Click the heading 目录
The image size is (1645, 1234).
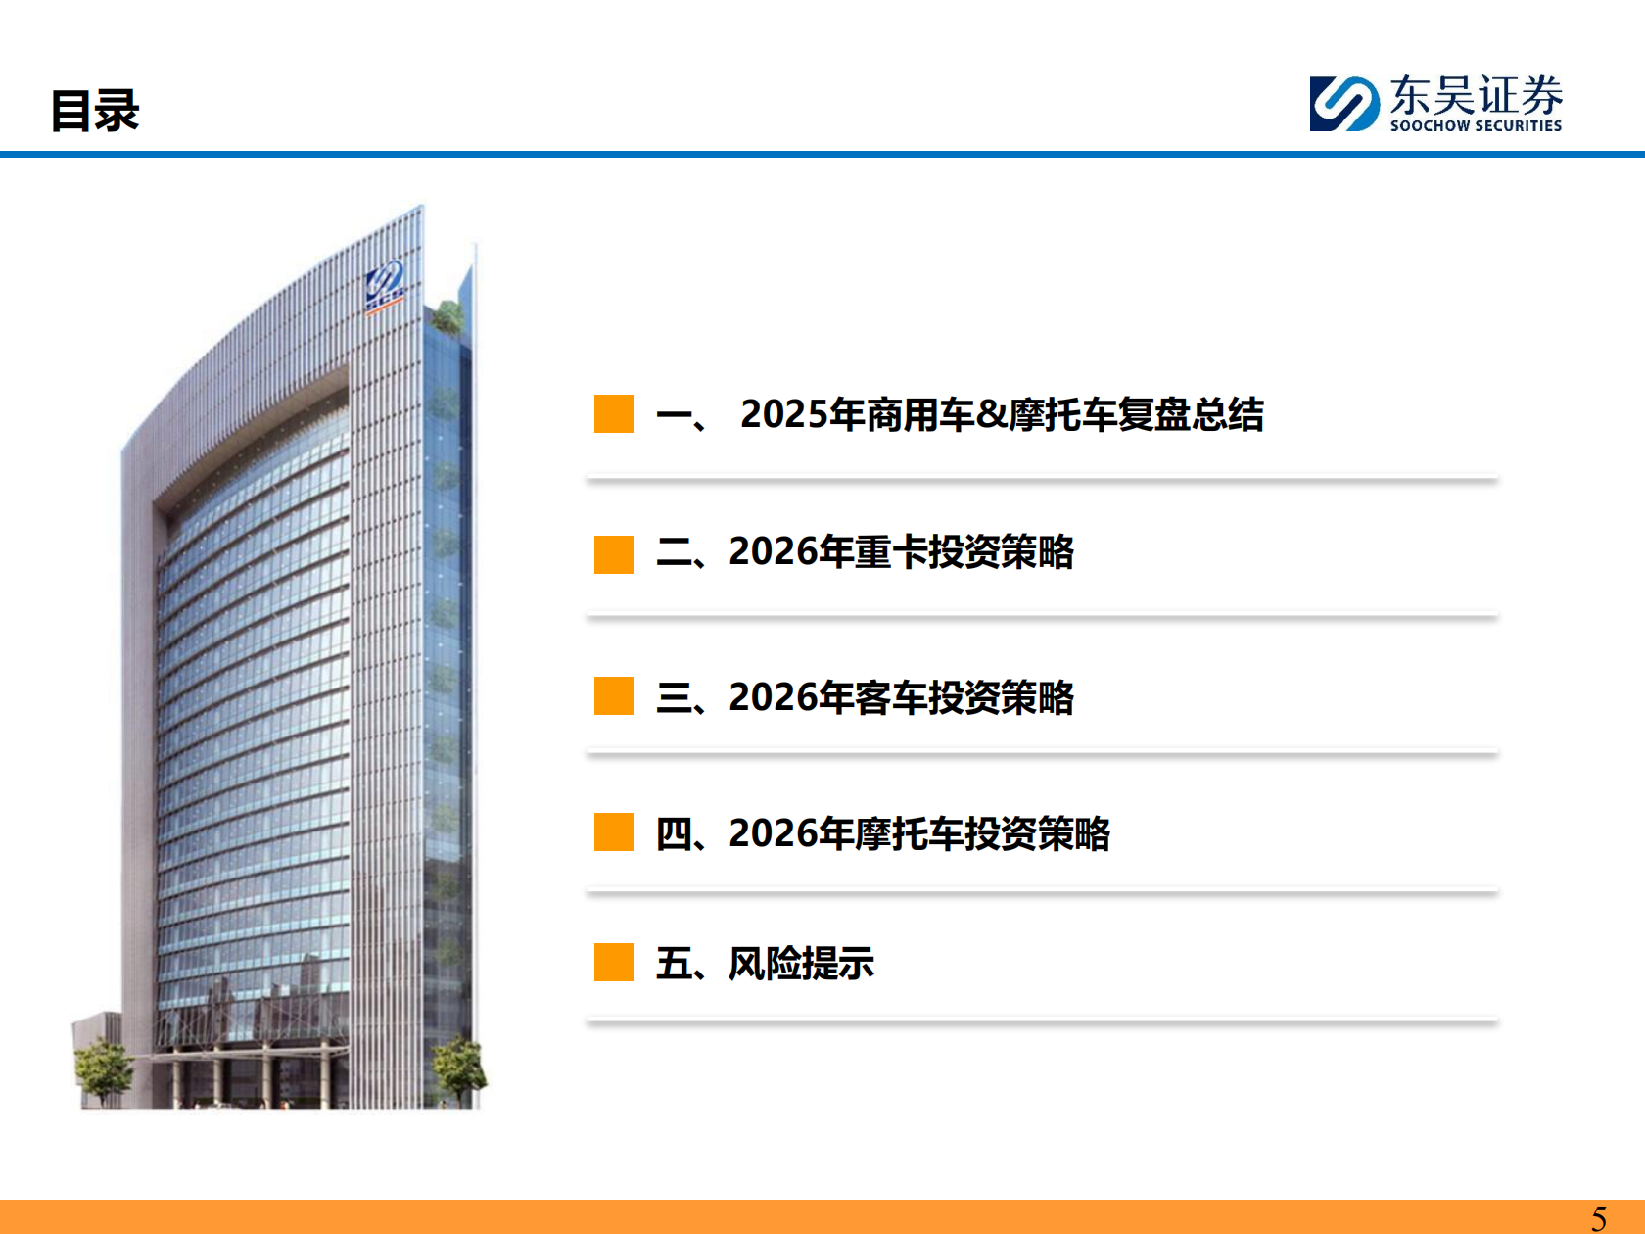(x=95, y=111)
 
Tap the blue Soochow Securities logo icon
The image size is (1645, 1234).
(x=1343, y=104)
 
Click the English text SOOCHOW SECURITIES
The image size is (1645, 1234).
(x=1476, y=126)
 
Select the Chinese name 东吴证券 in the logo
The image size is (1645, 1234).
(x=1476, y=95)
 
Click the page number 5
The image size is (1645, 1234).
(x=1599, y=1218)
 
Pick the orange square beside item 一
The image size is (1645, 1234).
(x=614, y=413)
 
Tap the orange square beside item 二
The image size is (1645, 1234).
(x=614, y=554)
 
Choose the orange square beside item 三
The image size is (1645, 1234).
(x=614, y=696)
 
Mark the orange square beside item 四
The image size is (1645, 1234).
(x=614, y=832)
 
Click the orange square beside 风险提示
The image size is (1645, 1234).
(x=614, y=962)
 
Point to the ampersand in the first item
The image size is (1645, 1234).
(x=991, y=414)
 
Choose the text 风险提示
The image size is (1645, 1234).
(x=801, y=964)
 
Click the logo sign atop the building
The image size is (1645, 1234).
(x=384, y=285)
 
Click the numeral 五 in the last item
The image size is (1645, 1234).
(x=674, y=964)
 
